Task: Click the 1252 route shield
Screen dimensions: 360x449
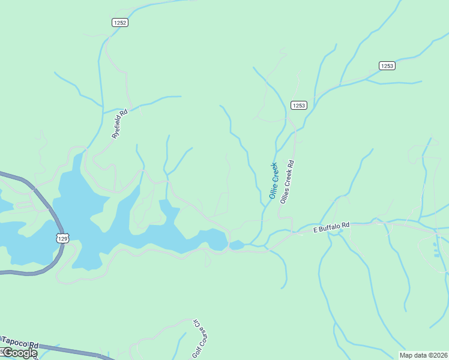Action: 120,22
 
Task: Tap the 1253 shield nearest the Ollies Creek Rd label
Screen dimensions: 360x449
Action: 299,106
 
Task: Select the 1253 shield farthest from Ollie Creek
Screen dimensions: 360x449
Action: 387,65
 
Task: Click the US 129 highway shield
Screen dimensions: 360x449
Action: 64,238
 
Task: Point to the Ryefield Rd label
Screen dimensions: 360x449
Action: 120,124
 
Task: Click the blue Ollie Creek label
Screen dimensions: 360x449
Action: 274,181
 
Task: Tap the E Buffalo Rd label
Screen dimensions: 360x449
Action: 331,227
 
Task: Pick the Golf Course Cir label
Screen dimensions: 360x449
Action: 199,338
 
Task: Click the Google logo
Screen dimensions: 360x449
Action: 19,353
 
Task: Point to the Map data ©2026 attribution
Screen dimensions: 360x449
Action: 423,355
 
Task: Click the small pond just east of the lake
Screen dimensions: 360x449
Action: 237,245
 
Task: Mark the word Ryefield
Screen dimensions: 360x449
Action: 118,127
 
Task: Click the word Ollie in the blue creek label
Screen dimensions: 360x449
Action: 272,190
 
